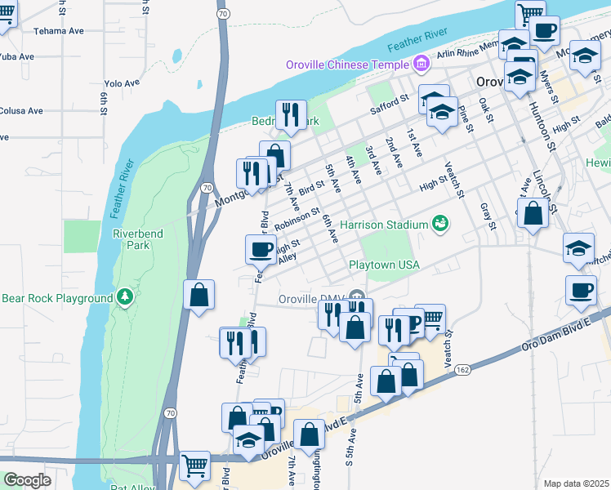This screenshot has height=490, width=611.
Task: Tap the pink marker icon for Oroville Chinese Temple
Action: point(421,63)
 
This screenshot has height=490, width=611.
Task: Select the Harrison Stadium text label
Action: point(385,224)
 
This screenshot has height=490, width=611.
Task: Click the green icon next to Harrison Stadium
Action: point(440,223)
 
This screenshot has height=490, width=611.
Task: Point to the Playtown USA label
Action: point(384,265)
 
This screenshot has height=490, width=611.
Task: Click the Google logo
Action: point(27,480)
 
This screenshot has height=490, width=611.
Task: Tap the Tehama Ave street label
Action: point(59,31)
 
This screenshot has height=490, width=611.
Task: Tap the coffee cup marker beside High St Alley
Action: point(261,249)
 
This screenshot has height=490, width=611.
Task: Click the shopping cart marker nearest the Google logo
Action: point(194,466)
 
